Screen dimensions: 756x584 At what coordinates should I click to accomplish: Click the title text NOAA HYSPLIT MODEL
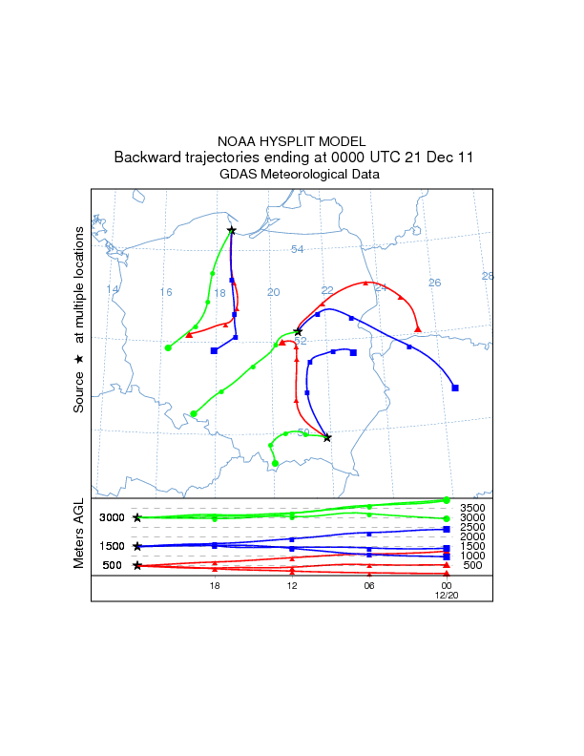tap(292, 140)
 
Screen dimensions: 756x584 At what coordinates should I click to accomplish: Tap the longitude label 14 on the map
tap(113, 289)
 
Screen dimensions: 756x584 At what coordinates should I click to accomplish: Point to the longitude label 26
tap(434, 283)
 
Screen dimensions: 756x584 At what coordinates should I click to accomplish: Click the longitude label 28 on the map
tap(488, 276)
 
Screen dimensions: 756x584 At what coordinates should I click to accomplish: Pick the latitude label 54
tap(297, 249)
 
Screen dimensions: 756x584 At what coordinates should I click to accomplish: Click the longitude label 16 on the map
tap(166, 292)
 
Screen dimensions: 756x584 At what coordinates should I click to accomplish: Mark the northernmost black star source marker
tap(231, 230)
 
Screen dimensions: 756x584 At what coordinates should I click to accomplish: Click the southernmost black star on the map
tap(327, 438)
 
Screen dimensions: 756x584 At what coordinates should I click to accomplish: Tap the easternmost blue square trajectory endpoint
tap(455, 388)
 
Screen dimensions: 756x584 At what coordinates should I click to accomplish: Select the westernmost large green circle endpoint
tap(168, 347)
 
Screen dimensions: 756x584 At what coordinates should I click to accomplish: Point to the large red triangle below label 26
tap(418, 329)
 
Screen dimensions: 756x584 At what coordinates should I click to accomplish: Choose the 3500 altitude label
tap(473, 508)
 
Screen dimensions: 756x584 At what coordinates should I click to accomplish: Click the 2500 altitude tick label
tap(473, 527)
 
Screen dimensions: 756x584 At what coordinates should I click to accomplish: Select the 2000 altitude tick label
tap(473, 536)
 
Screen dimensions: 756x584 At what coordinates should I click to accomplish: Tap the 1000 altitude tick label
tap(473, 556)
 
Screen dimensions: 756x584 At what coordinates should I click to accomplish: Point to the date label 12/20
tap(447, 595)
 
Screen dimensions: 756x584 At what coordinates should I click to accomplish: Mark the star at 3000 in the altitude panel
tap(137, 517)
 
